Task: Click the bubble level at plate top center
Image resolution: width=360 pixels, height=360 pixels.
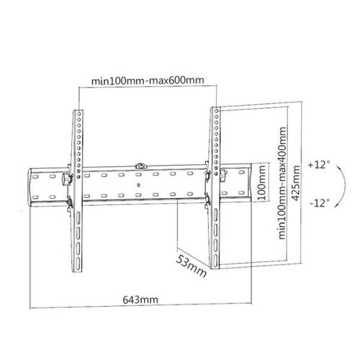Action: [142, 168]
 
